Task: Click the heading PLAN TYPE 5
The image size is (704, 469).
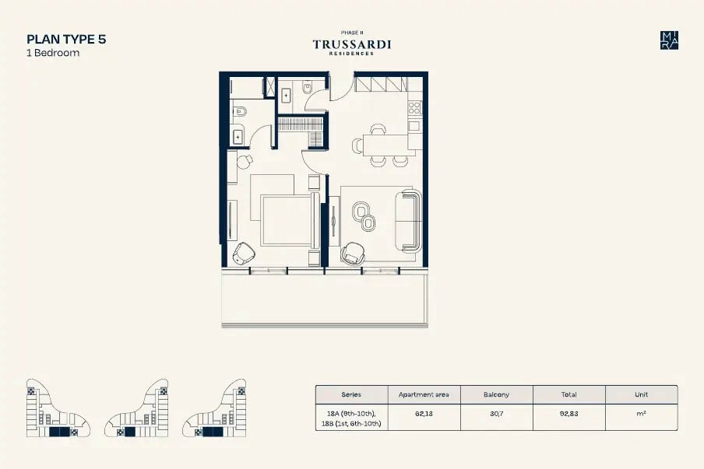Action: pos(66,40)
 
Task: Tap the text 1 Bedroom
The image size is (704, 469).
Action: pos(53,53)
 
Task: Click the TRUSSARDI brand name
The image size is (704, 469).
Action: pos(351,44)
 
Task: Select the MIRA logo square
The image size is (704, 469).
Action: pos(669,40)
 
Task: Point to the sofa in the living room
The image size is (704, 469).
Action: pos(409,221)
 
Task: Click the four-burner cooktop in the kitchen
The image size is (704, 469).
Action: pos(414,108)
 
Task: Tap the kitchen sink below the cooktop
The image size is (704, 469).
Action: pos(414,126)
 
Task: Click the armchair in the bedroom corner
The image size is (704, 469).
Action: pos(243,254)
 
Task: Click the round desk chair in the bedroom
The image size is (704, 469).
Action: pos(245,162)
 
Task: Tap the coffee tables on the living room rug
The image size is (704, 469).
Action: pos(364,216)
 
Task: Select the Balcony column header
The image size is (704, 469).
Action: pos(496,394)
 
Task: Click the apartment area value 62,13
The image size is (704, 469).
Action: pos(424,414)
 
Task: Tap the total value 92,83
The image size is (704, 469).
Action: pos(568,414)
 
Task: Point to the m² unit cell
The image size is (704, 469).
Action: pos(641,414)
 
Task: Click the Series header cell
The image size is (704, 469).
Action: pos(351,394)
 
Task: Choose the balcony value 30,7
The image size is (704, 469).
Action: pos(496,414)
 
